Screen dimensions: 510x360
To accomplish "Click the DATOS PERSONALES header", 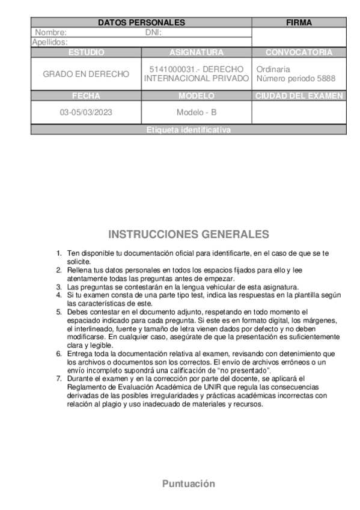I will point(141,22).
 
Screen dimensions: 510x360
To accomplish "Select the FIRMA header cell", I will point(299,22).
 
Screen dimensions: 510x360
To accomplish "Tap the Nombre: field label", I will point(51,32).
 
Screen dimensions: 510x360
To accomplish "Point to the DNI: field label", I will point(154,32).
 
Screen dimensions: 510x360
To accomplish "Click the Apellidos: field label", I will point(49,42).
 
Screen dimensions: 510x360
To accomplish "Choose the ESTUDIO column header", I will point(86,52).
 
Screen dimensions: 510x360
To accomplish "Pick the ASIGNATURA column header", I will point(197,52).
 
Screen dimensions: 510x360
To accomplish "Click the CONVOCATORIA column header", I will point(299,52).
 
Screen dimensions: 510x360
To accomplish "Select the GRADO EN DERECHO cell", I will point(86,74).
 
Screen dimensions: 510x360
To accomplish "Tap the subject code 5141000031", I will point(168,69).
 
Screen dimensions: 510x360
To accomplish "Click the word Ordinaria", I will point(273,69).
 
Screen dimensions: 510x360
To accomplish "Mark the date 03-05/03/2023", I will point(86,112).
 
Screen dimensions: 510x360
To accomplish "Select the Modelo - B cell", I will point(197,112).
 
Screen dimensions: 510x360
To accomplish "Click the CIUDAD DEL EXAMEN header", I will point(299,96).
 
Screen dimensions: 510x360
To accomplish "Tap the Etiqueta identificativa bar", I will point(188,130).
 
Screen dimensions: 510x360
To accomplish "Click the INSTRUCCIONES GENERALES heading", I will point(188,234).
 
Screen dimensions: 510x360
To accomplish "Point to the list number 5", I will point(59,312).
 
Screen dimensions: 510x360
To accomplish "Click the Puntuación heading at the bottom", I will point(188,484).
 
